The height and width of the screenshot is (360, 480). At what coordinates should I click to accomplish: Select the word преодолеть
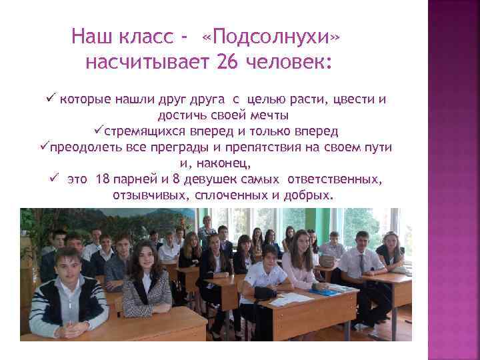pos(81,147)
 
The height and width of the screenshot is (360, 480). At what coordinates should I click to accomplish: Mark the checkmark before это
pos(53,179)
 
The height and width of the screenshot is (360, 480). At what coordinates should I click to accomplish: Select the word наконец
pos(227,163)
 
